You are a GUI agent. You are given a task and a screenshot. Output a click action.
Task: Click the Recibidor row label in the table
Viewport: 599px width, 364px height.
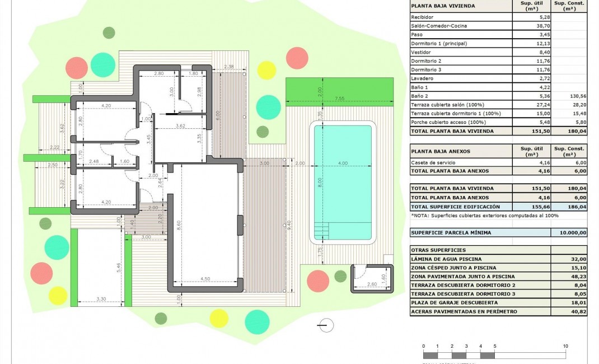423,17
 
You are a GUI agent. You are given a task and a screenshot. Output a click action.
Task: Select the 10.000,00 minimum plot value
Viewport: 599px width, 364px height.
569,232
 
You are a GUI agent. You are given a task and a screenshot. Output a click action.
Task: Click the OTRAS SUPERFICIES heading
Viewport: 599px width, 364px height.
438,250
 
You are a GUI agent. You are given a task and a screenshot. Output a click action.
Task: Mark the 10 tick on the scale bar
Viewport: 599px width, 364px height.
565,346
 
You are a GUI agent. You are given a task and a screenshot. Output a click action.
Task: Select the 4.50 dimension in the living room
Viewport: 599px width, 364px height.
205,279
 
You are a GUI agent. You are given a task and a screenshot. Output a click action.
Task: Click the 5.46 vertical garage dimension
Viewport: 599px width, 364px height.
118,267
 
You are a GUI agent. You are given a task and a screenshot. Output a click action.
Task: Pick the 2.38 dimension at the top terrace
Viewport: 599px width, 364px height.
228,67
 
